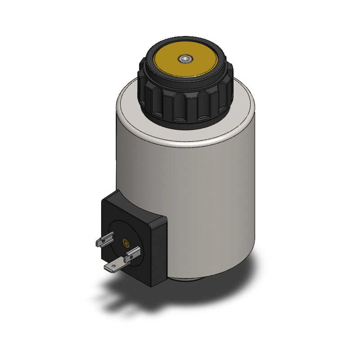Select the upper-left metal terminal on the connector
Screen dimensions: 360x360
coord(104,241)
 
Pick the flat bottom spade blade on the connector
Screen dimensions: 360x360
coord(112,268)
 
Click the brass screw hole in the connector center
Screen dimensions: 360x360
coord(126,243)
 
